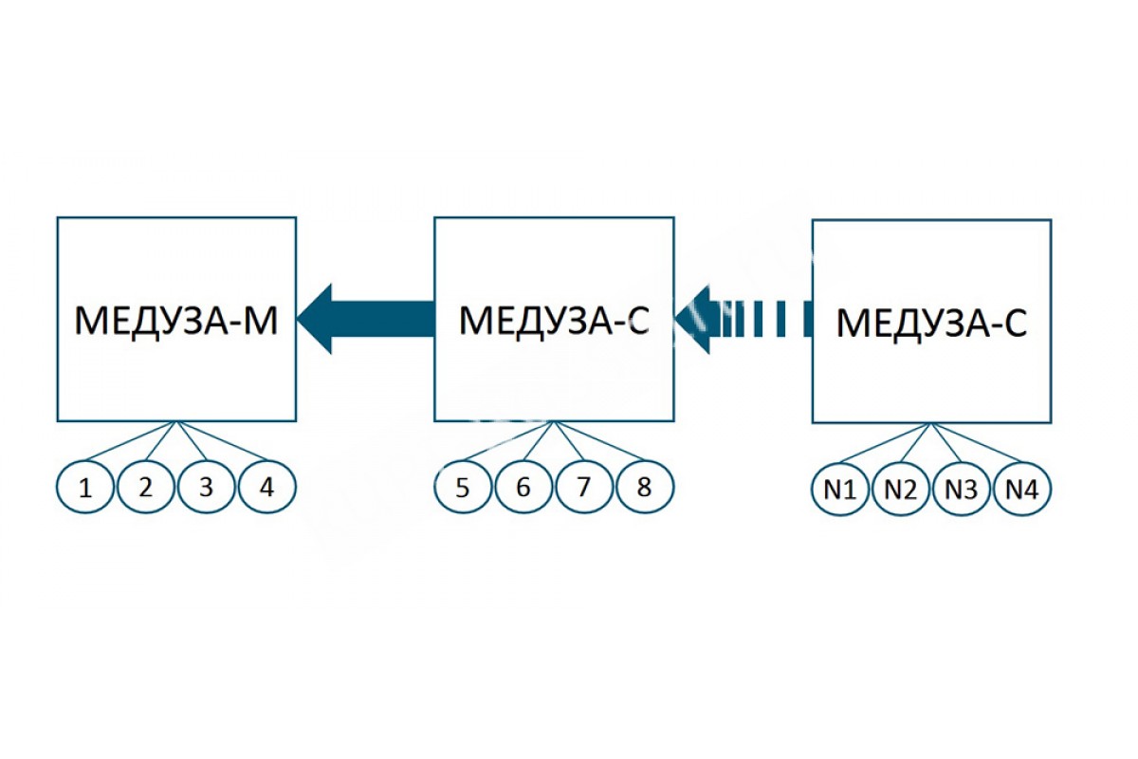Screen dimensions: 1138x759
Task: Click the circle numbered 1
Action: click(84, 487)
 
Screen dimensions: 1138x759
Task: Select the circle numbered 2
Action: click(146, 487)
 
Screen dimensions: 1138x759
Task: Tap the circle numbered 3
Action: click(207, 487)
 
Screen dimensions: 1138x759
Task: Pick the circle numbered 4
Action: click(266, 487)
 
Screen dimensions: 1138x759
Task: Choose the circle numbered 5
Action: click(463, 487)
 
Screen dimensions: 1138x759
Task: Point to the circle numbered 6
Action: click(523, 487)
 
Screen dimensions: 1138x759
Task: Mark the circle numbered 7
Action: click(584, 487)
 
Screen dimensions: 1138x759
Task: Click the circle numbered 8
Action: click(645, 487)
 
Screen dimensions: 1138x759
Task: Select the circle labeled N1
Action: click(840, 489)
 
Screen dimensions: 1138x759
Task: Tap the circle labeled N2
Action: click(901, 489)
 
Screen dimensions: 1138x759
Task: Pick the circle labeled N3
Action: click(962, 489)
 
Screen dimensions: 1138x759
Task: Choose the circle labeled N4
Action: click(1022, 489)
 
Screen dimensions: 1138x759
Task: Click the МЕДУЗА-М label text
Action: click(176, 321)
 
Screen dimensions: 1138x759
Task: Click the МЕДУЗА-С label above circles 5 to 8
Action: click(554, 321)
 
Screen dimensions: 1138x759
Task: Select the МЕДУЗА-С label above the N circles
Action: click(931, 323)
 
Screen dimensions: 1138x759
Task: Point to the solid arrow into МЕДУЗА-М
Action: click(366, 319)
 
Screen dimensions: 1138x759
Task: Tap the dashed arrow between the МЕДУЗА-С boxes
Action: click(743, 319)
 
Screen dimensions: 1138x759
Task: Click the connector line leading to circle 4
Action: click(222, 441)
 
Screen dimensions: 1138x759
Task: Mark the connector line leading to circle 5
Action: click(509, 441)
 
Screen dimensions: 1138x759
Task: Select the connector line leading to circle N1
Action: click(886, 443)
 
